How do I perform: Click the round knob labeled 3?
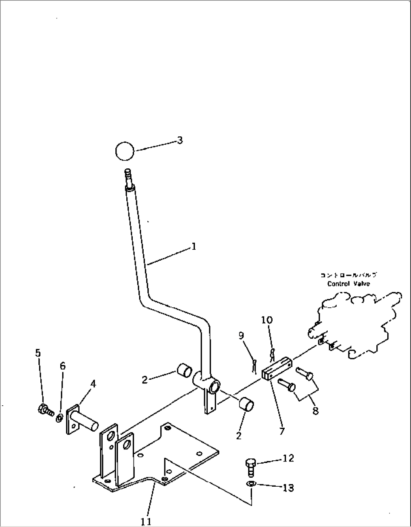[x=124, y=151]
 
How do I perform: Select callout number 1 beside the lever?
[x=193, y=247]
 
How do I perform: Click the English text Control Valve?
[x=348, y=284]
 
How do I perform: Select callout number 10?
[x=267, y=320]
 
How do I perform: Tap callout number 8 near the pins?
[x=315, y=411]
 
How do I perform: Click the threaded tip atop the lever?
[x=128, y=176]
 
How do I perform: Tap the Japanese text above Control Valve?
[x=348, y=275]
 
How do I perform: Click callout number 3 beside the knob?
[x=180, y=140]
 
